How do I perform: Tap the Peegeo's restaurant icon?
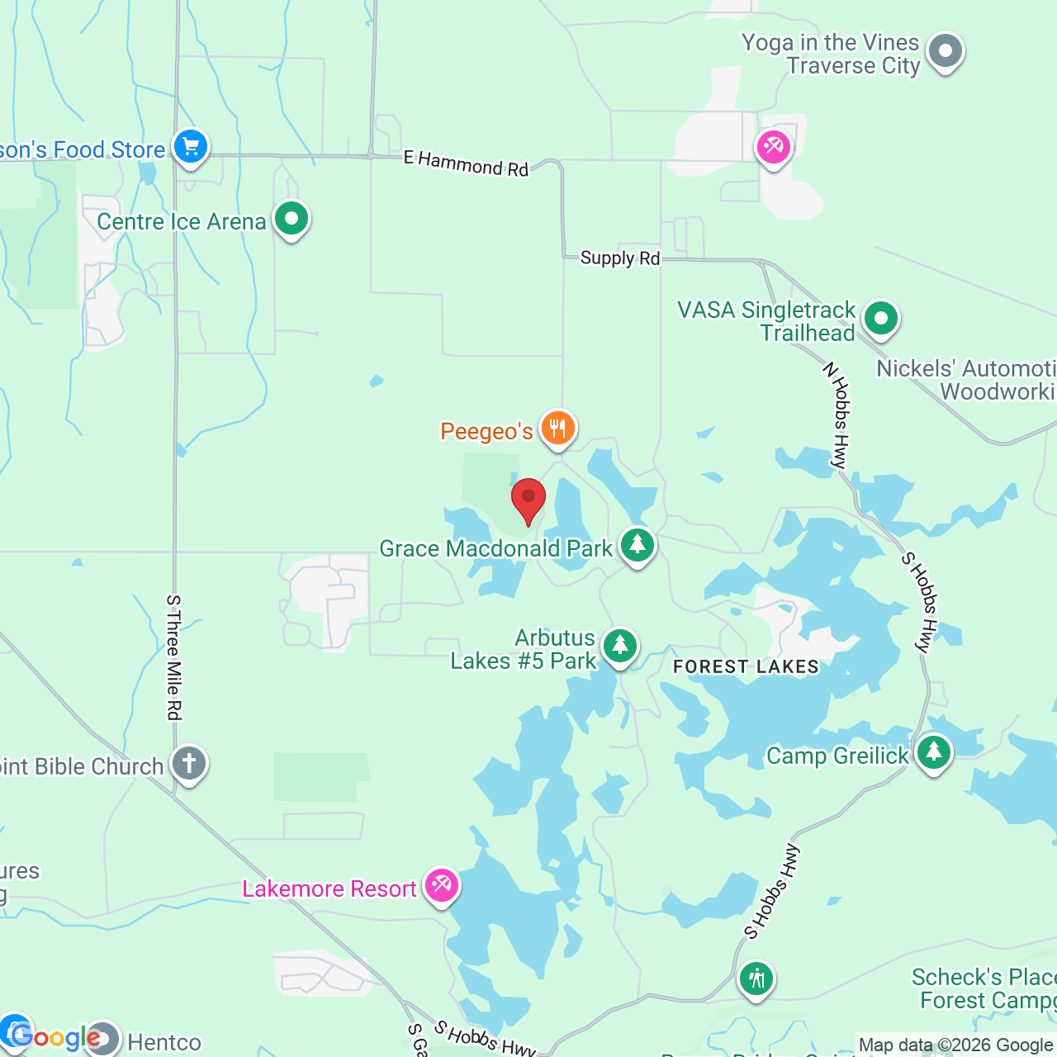(558, 429)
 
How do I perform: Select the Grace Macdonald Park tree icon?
(637, 545)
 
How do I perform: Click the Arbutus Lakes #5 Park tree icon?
(619, 646)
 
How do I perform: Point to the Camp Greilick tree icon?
(933, 753)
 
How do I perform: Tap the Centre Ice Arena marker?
(291, 220)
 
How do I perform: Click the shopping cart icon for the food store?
(191, 148)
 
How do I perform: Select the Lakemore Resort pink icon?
(441, 886)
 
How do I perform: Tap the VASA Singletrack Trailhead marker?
(881, 318)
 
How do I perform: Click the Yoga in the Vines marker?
(946, 51)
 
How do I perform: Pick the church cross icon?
(189, 763)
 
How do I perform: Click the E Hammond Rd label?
(466, 164)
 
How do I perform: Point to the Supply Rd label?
(620, 258)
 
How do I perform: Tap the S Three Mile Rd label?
(173, 657)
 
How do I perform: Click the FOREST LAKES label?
(746, 667)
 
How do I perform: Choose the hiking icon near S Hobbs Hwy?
(756, 979)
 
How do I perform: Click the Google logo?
(55, 1037)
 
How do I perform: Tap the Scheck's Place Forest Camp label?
(984, 988)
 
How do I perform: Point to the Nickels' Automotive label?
(966, 380)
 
